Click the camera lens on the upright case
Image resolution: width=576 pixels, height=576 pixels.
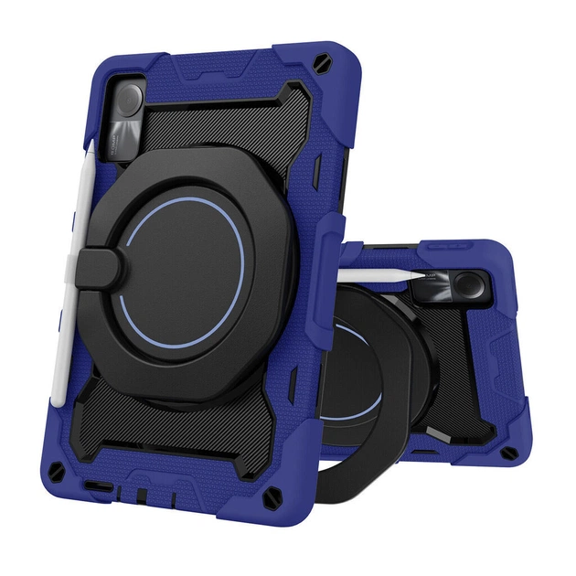[130, 98]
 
